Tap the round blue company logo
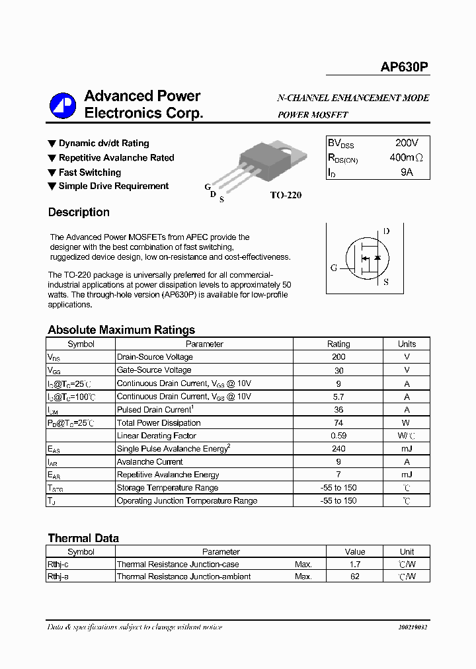pos(63,106)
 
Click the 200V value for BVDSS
pos(406,143)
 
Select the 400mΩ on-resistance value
pos(406,158)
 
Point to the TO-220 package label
pos(286,196)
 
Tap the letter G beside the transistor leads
pos(207,187)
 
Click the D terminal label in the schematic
pos(386,231)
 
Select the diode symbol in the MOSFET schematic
pos(377,257)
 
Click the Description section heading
pos(79,212)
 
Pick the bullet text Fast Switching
pos(89,172)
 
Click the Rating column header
pos(338,344)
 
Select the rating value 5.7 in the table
pos(338,397)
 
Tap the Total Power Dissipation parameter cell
pos(159,422)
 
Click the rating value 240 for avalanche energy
pos(338,449)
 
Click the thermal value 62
pos(355,576)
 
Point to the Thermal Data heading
pos(83,538)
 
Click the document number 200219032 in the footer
pos(413,627)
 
